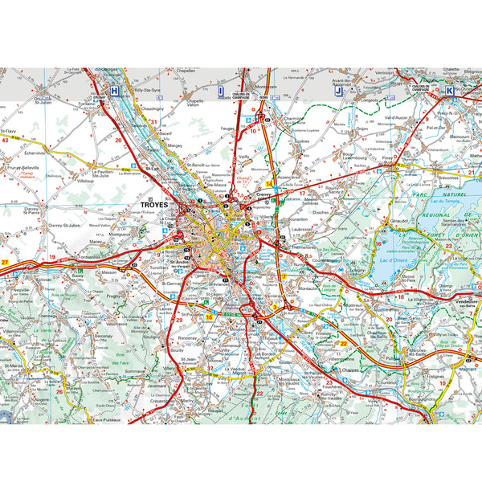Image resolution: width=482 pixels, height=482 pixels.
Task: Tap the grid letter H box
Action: pyautogui.click(x=116, y=92)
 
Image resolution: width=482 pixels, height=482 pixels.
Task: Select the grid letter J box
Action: pyautogui.click(x=338, y=92)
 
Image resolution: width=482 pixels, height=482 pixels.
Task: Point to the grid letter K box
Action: pyautogui.click(x=449, y=92)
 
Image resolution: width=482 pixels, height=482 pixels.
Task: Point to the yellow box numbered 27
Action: pyautogui.click(x=5, y=263)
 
